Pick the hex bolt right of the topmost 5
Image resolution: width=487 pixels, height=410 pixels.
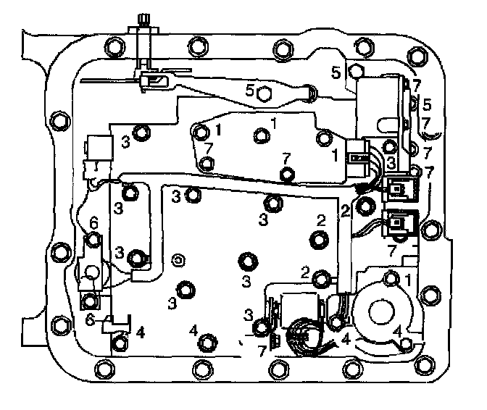(355, 71)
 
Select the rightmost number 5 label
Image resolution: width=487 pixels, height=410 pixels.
(427, 104)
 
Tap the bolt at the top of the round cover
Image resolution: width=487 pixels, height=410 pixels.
(392, 277)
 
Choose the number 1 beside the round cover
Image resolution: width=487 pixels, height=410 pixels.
(409, 278)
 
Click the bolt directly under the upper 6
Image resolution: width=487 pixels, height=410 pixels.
(93, 240)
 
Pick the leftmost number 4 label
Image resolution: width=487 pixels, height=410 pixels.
(141, 332)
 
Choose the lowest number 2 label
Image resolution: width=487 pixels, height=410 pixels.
(305, 273)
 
